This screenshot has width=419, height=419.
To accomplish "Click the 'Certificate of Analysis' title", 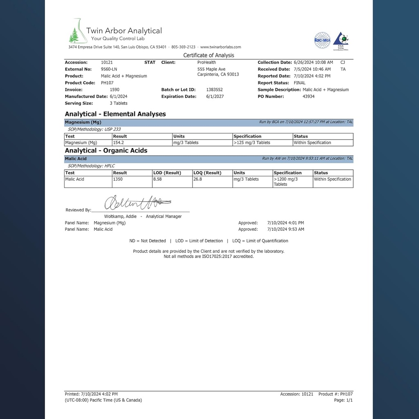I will (x=209, y=55).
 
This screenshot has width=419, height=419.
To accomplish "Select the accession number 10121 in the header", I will (x=107, y=63).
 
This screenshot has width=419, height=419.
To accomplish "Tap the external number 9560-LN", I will (x=109, y=69).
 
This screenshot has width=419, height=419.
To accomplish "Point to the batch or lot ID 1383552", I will (x=214, y=90).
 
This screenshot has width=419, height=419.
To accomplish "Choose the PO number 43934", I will (x=309, y=97).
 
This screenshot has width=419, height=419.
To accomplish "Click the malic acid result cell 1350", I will (x=118, y=179).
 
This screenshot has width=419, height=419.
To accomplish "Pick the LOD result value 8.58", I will (x=158, y=179).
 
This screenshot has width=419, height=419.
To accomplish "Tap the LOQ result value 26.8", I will (x=198, y=179).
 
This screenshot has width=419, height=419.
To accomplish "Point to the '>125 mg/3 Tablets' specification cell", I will (x=252, y=143).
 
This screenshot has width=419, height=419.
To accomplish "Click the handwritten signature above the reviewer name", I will (x=137, y=202).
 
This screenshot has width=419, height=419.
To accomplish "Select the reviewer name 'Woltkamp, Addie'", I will (x=120, y=216).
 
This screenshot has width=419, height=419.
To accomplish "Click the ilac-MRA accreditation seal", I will (x=322, y=41).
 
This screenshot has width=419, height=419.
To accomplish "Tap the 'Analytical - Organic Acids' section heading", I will (x=106, y=151).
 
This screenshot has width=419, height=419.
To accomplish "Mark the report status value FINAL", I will (x=300, y=83).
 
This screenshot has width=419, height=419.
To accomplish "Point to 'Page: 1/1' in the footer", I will (x=343, y=400).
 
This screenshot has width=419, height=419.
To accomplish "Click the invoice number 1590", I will (x=115, y=90).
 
